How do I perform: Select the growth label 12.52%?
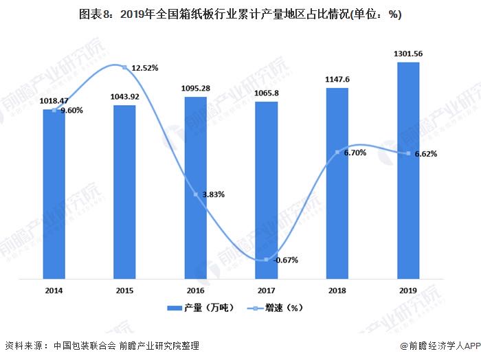[x=145, y=68]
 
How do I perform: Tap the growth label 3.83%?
[x=212, y=194]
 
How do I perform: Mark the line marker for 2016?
[x=195, y=194]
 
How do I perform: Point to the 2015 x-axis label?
[x=124, y=291]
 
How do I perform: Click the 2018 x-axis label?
[x=337, y=291]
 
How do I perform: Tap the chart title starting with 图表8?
[x=240, y=14]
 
